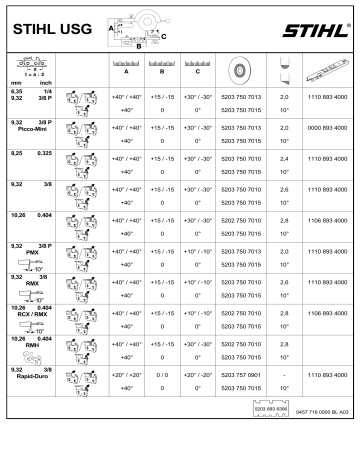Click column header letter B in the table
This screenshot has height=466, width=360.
pyautogui.click(x=161, y=72)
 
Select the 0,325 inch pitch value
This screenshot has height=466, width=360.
pyautogui.click(x=44, y=158)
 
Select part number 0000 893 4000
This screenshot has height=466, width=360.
pyautogui.click(x=326, y=128)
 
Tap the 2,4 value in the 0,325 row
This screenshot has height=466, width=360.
pyautogui.click(x=285, y=159)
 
